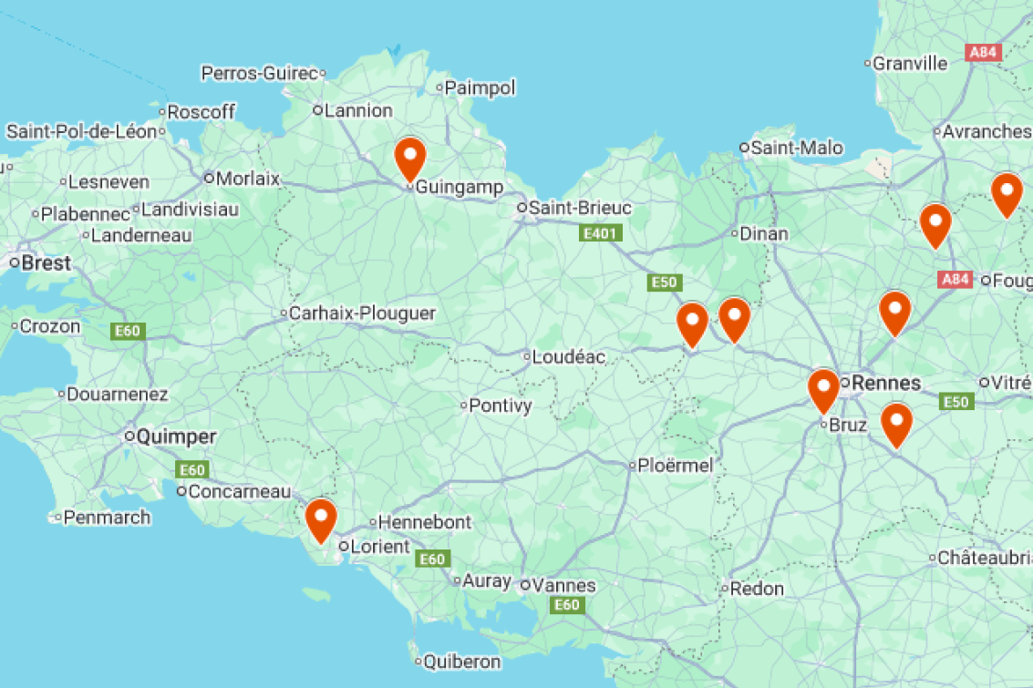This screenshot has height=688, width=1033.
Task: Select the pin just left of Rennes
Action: [x=823, y=389]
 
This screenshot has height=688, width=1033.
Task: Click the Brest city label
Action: [x=46, y=262]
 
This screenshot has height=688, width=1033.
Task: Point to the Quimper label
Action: [x=176, y=436]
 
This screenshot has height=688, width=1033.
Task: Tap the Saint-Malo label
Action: [x=797, y=148]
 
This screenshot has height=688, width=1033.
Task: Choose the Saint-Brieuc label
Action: [x=580, y=208]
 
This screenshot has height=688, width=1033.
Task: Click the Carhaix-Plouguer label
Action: [x=362, y=313]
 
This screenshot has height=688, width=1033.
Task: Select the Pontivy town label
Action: [x=500, y=406]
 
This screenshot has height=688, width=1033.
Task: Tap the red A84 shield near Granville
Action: [x=983, y=53]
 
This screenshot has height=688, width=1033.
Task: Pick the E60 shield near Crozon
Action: [x=127, y=331]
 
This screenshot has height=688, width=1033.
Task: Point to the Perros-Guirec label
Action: [x=259, y=73]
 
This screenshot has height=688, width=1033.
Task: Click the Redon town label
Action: [x=757, y=589]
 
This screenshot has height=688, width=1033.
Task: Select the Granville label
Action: [x=910, y=64]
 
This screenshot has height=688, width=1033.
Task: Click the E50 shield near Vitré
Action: [x=956, y=402]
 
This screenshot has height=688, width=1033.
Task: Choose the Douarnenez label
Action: [x=118, y=395]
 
